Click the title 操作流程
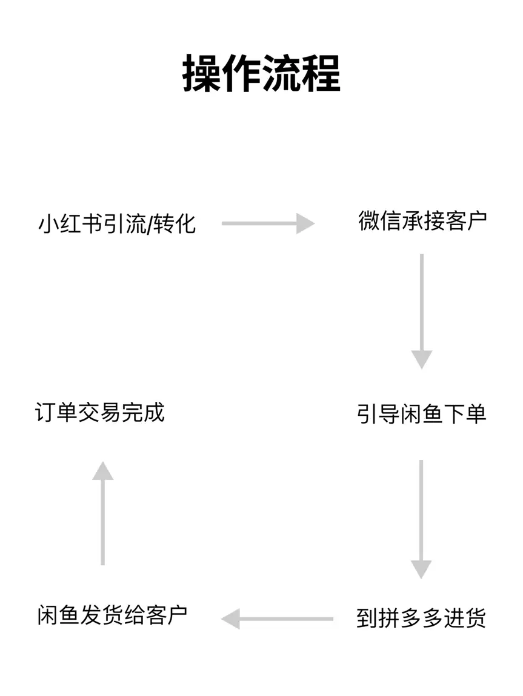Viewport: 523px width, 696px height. pyautogui.click(x=261, y=74)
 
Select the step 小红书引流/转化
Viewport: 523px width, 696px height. pyautogui.click(x=117, y=224)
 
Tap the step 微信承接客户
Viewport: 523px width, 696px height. pyautogui.click(x=422, y=222)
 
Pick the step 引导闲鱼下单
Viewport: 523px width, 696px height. pyautogui.click(x=422, y=415)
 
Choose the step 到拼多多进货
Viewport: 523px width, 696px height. pyautogui.click(x=421, y=619)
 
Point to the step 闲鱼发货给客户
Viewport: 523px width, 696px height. pyautogui.click(x=112, y=615)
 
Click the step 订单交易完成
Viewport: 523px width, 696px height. pyautogui.click(x=100, y=413)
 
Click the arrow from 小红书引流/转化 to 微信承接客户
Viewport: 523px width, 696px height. pyautogui.click(x=268, y=223)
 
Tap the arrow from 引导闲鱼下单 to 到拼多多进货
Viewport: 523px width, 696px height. pyautogui.click(x=421, y=518)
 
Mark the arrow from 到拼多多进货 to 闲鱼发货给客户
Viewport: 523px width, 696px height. pyautogui.click(x=278, y=619)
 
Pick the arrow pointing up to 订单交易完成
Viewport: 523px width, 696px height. pyautogui.click(x=103, y=513)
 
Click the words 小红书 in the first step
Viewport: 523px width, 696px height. pyautogui.click(x=70, y=224)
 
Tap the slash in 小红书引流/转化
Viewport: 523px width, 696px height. pyautogui.click(x=148, y=225)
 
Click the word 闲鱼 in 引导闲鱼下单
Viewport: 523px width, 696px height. pyautogui.click(x=422, y=415)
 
